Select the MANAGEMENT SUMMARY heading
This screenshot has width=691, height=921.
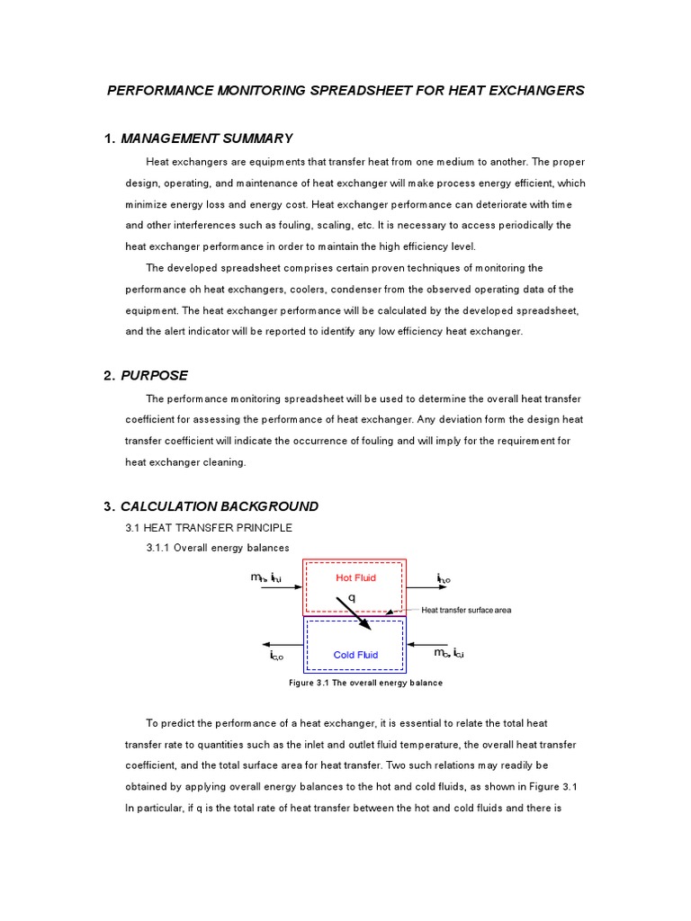(x=206, y=138)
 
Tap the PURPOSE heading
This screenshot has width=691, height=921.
(x=154, y=375)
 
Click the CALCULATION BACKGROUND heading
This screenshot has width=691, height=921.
(x=219, y=506)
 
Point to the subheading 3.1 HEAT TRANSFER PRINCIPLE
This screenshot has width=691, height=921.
(x=209, y=528)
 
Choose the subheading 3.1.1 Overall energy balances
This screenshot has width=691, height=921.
(x=218, y=548)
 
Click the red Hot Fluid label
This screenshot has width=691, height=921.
(x=355, y=577)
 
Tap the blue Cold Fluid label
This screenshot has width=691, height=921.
(x=355, y=655)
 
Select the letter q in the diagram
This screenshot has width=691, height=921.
(x=352, y=596)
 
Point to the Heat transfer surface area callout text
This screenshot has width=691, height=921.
(x=466, y=611)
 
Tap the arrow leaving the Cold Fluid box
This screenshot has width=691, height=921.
(x=282, y=644)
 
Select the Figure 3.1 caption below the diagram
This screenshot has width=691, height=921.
(x=365, y=683)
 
